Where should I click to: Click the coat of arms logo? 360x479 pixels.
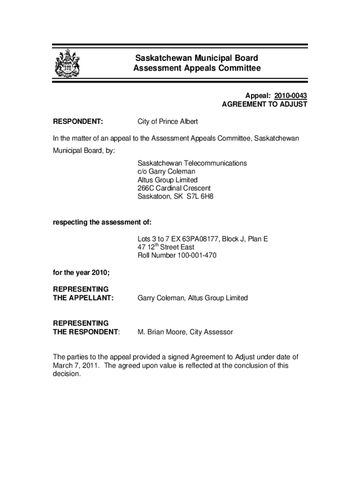point(67,64)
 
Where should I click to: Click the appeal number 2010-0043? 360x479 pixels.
point(290,96)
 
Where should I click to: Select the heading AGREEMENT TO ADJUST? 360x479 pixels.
point(264,104)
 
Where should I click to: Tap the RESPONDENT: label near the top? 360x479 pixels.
point(78,122)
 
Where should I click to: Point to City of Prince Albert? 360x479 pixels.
point(167,122)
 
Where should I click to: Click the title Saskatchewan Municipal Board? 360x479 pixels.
point(196,58)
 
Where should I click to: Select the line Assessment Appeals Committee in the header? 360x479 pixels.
point(196,69)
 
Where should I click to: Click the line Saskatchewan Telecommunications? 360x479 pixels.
point(192,163)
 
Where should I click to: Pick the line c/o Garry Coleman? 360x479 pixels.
point(166,172)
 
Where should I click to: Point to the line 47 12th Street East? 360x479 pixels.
point(166,247)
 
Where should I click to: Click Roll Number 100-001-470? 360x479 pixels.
point(177,255)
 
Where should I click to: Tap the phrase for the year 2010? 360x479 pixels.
point(81,273)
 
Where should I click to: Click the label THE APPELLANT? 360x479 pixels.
point(83,298)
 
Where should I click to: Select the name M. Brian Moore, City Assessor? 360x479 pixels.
point(185,332)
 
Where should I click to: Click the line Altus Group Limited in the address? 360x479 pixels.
point(167,180)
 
